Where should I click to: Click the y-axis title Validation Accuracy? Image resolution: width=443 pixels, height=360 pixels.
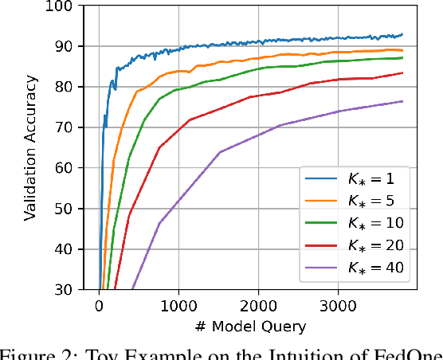click(x=30, y=148)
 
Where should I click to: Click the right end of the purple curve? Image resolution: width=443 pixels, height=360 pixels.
click(x=402, y=101)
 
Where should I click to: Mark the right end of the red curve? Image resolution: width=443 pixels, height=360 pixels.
click(x=402, y=73)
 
